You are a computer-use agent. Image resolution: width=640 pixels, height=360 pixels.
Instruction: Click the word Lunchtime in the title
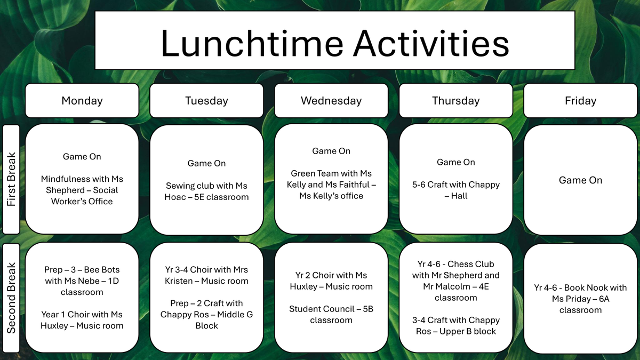pyautogui.click(x=252, y=43)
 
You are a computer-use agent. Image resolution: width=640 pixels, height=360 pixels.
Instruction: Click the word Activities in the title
pyautogui.click(x=431, y=43)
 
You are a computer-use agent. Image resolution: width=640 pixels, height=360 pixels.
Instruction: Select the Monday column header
pyautogui.click(x=82, y=101)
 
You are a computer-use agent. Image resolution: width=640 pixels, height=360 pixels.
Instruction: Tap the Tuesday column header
pyautogui.click(x=206, y=101)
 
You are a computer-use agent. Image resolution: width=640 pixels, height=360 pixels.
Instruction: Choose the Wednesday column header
pyautogui.click(x=331, y=101)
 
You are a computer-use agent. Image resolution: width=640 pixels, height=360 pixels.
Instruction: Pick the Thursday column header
pyautogui.click(x=455, y=101)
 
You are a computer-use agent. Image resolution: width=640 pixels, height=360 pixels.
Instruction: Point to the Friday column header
pyautogui.click(x=581, y=101)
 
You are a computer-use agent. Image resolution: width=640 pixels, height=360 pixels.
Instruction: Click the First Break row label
pyautogui.click(x=11, y=179)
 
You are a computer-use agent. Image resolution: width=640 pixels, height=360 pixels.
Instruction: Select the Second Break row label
pyautogui.click(x=11, y=298)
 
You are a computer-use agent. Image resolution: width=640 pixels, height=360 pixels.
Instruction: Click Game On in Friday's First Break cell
pyautogui.click(x=581, y=180)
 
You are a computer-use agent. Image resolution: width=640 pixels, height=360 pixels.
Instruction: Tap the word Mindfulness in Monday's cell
pyautogui.click(x=62, y=179)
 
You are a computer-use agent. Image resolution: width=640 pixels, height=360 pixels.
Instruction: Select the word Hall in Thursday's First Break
pyautogui.click(x=459, y=196)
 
